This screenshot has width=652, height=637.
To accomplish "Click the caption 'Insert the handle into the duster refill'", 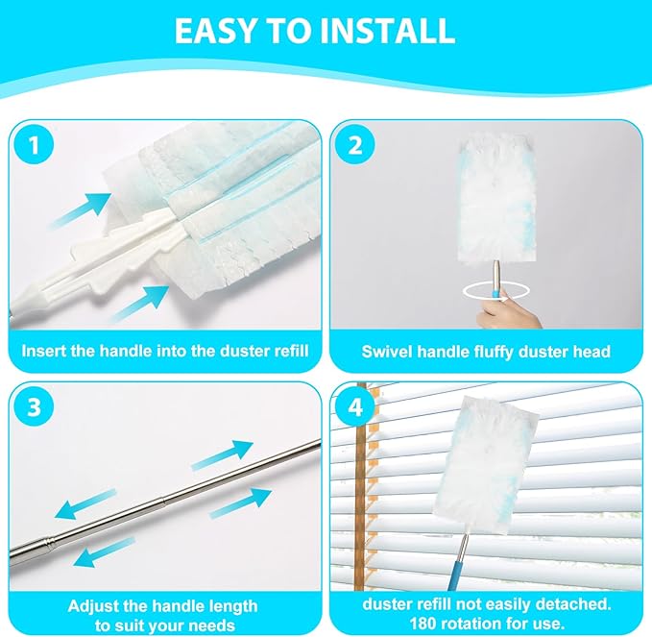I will point(164,351).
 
